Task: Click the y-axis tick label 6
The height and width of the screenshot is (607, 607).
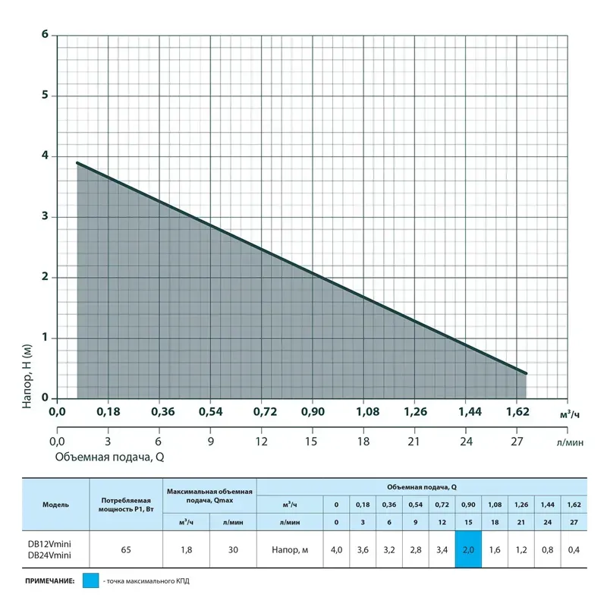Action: [x=46, y=35]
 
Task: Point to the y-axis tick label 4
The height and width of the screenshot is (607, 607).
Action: [x=46, y=156]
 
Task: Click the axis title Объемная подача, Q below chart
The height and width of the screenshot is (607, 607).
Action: [x=109, y=458]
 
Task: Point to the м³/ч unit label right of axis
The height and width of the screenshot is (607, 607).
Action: [x=569, y=414]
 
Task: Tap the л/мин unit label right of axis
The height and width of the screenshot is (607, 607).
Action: [x=569, y=442]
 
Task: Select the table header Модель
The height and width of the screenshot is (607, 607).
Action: [x=56, y=504]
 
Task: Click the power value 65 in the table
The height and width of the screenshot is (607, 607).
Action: [x=127, y=549]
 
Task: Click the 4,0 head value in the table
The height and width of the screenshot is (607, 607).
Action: [x=337, y=549]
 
